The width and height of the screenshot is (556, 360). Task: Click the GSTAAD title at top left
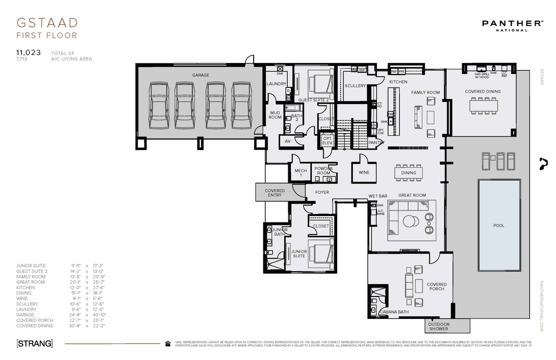[x=47, y=23]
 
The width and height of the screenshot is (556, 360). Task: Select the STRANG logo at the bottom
[x=34, y=343]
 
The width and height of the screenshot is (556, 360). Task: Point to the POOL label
[x=499, y=225]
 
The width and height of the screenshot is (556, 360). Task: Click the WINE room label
[x=364, y=172]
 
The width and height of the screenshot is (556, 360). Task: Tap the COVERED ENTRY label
[x=275, y=192]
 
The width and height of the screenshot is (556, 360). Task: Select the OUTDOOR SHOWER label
[x=439, y=326]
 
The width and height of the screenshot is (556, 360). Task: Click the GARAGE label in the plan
[x=201, y=75]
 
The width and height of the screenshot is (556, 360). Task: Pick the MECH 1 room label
[x=301, y=173]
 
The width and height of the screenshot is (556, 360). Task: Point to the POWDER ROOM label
[x=324, y=171]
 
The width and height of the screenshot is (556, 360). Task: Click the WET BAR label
[x=378, y=195]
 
